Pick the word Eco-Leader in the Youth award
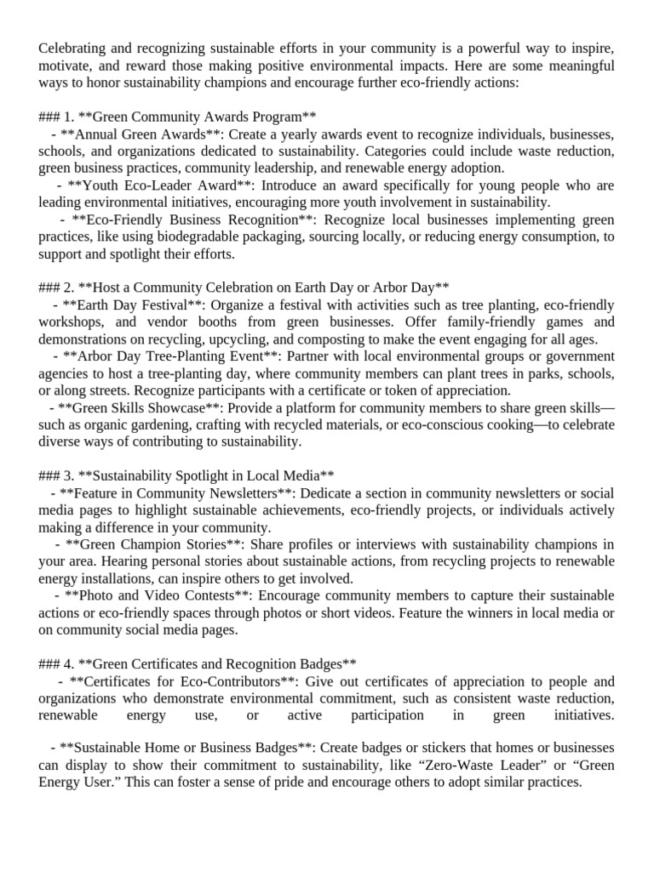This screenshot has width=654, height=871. (x=146, y=185)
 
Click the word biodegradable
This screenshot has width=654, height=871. (x=234, y=236)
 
